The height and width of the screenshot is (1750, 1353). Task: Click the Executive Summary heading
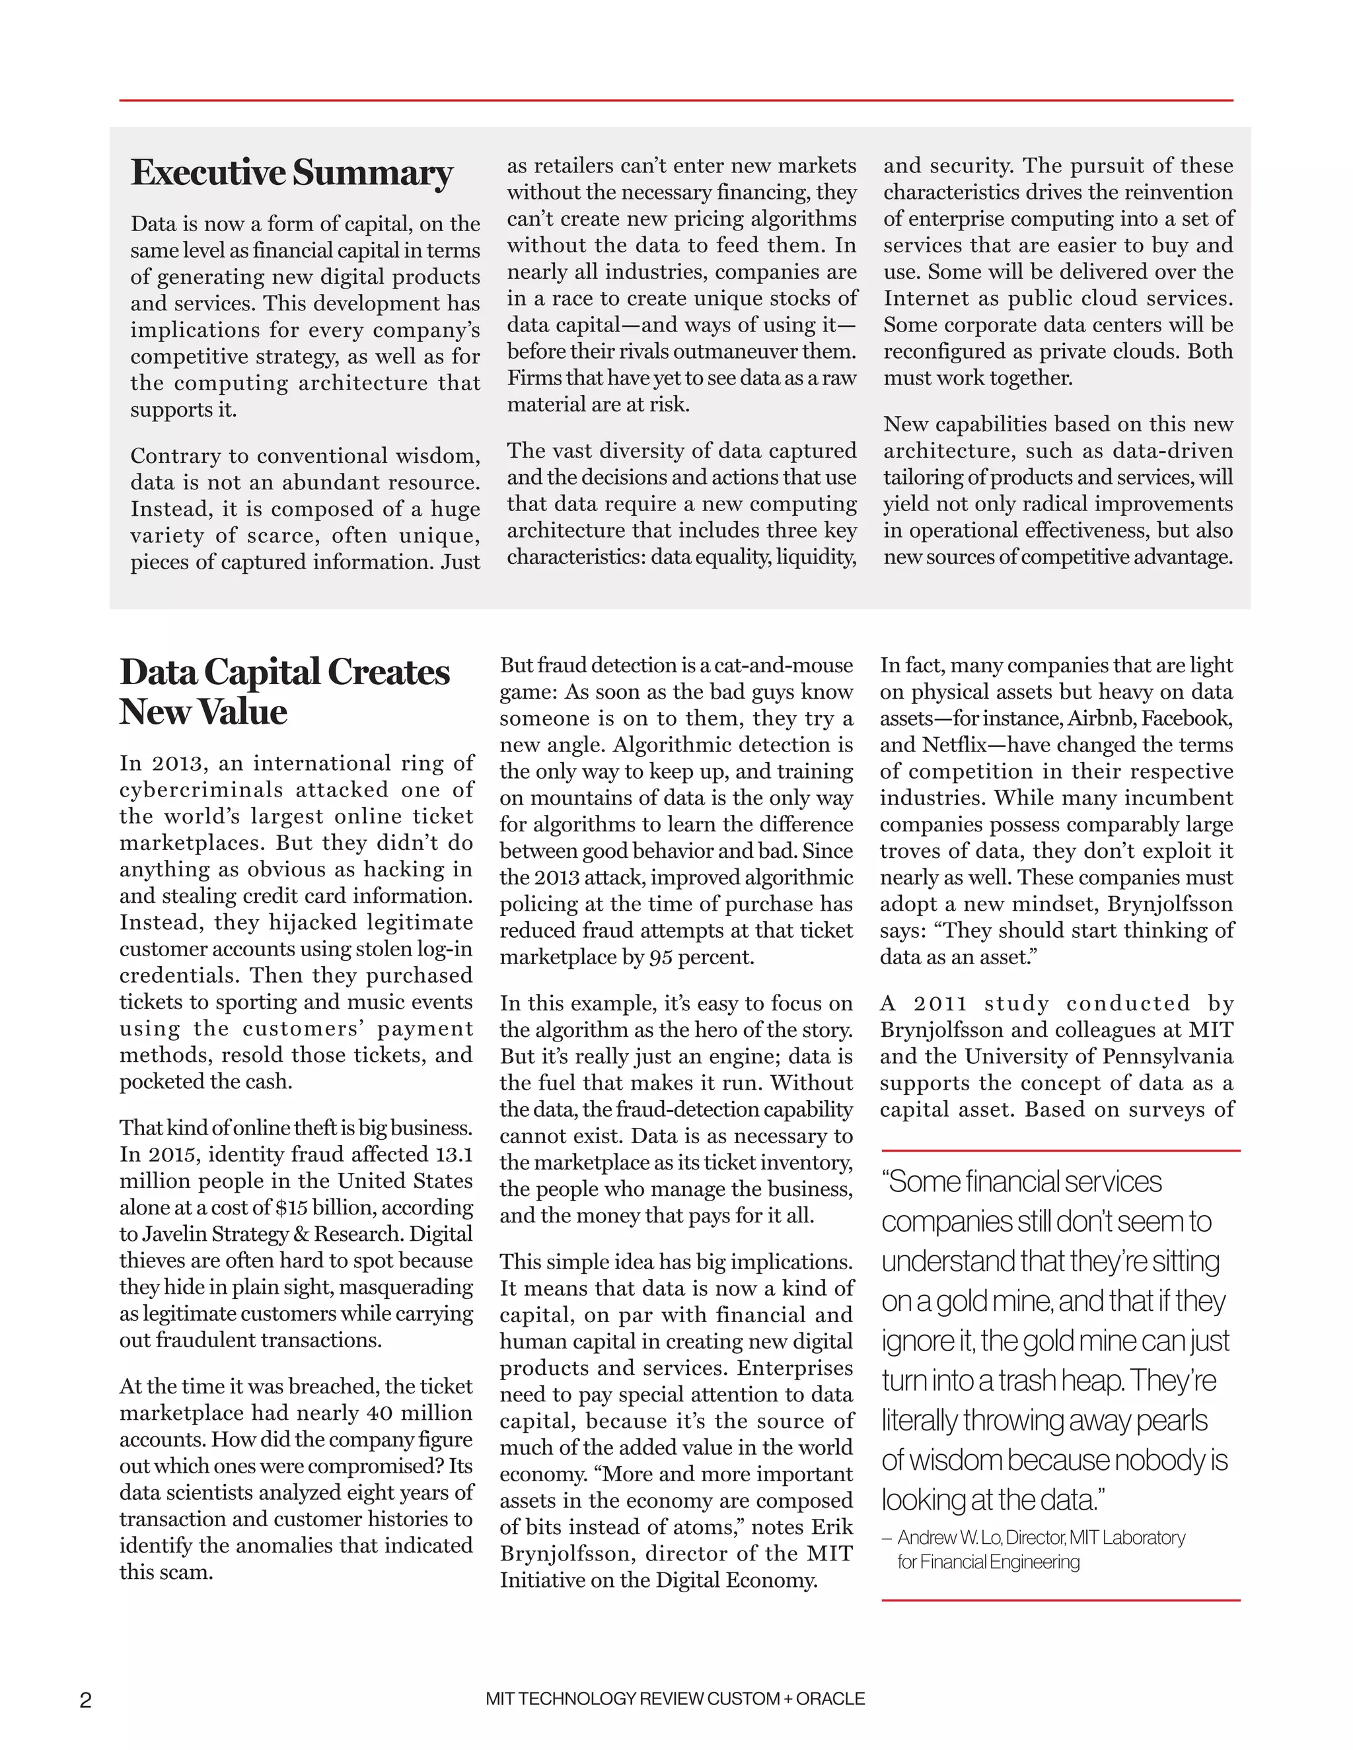[292, 173]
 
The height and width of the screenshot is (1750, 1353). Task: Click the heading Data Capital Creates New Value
[285, 691]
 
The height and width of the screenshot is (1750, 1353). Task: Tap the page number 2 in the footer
[86, 1700]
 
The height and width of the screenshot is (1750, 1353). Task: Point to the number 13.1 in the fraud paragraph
[454, 1154]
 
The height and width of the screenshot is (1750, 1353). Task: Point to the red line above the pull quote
[1060, 1150]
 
